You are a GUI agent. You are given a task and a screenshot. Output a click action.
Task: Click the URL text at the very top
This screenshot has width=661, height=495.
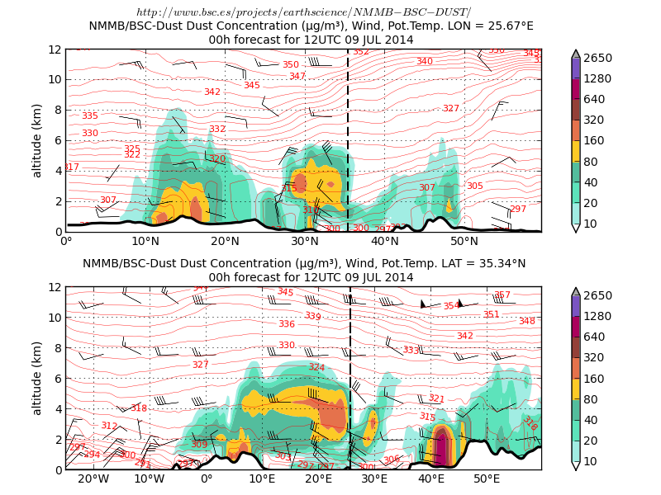click(303, 12)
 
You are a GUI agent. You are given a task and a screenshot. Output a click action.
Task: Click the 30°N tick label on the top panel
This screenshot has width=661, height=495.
click(305, 241)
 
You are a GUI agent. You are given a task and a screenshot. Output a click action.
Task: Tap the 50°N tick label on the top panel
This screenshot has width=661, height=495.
click(464, 241)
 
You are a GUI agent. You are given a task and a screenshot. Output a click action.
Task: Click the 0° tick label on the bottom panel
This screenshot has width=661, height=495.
click(207, 479)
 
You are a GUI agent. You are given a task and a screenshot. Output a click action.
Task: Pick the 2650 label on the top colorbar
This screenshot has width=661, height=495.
click(597, 58)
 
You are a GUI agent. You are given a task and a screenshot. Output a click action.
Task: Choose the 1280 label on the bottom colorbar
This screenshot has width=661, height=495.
click(597, 316)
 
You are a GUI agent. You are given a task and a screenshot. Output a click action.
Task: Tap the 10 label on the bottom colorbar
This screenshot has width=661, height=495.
click(592, 460)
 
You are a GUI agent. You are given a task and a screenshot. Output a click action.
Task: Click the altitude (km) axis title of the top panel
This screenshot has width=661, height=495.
click(37, 140)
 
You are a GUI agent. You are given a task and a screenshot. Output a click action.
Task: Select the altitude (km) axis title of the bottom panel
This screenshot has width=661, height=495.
click(37, 378)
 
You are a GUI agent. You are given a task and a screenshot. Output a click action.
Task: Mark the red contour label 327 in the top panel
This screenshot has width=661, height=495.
click(450, 109)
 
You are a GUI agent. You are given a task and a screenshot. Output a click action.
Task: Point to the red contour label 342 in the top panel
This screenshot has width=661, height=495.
click(212, 92)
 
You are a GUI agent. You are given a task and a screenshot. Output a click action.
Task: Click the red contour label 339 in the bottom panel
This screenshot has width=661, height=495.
click(312, 316)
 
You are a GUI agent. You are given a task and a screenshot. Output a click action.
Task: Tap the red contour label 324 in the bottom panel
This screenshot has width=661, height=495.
click(316, 367)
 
